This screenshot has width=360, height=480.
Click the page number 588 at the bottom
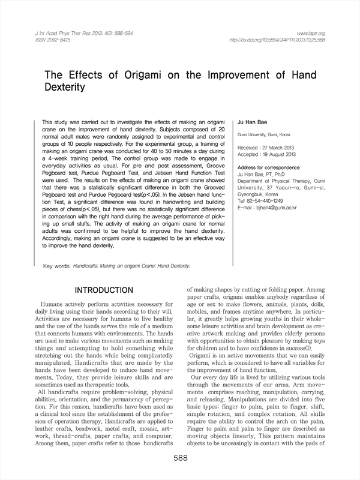(x=180, y=458)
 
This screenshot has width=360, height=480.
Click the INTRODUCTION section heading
(x=107, y=290)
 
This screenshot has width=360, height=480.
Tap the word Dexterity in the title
(x=65, y=87)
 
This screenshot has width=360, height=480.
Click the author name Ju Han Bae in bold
(x=251, y=121)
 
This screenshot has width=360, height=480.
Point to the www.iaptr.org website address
(x=310, y=33)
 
